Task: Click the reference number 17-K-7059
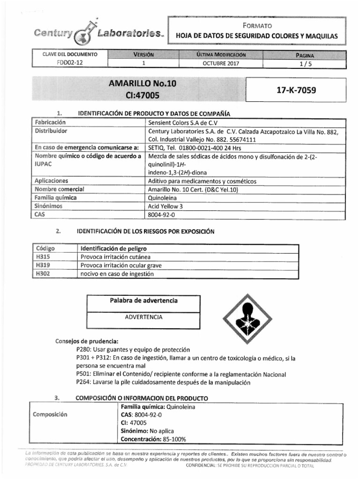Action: tap(296, 90)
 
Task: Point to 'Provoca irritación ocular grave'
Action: tap(121, 266)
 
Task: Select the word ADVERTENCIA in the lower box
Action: tap(143, 317)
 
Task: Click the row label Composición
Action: tap(50, 415)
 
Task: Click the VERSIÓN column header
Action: tap(144, 54)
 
